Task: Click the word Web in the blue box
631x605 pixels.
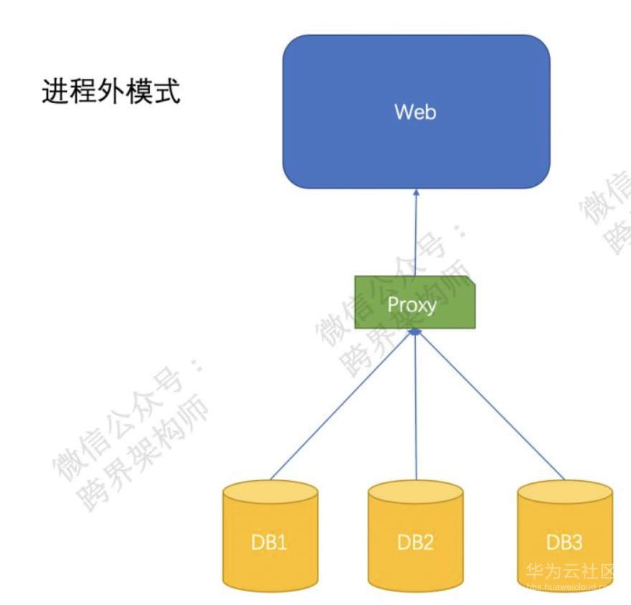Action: point(415,112)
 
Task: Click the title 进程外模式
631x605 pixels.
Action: point(111,92)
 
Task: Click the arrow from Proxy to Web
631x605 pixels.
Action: point(414,237)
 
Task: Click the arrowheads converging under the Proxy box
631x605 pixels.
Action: point(414,333)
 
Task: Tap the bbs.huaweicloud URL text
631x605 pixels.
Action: point(574,587)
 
